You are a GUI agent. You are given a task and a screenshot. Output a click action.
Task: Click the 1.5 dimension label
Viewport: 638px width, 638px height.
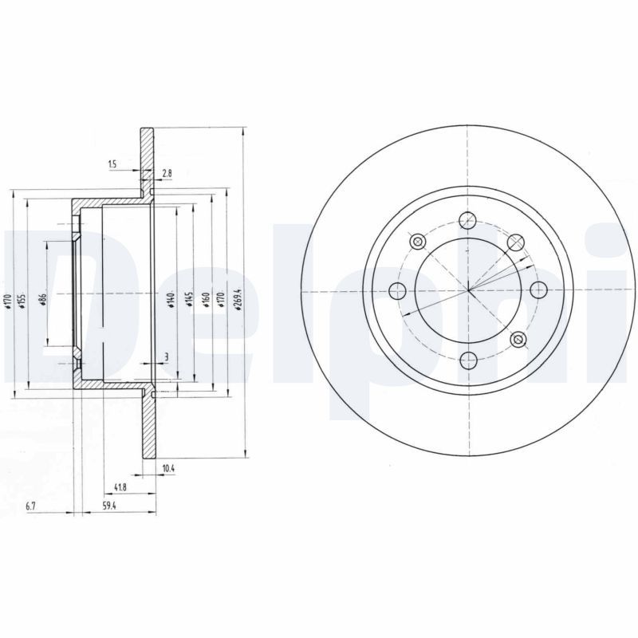click(112, 164)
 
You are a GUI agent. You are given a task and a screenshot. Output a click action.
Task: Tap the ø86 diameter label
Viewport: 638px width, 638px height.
click(41, 300)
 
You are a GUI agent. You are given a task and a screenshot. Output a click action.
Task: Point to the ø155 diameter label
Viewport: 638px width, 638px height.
click(22, 300)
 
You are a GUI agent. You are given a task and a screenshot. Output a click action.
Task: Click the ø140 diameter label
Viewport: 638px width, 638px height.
click(171, 300)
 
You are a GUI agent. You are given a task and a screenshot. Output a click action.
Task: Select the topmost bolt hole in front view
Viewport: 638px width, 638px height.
click(469, 219)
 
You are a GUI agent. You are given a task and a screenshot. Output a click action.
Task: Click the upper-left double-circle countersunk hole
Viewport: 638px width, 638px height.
click(415, 241)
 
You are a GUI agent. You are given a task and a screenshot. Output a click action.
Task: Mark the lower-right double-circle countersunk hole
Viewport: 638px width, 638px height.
click(518, 341)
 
